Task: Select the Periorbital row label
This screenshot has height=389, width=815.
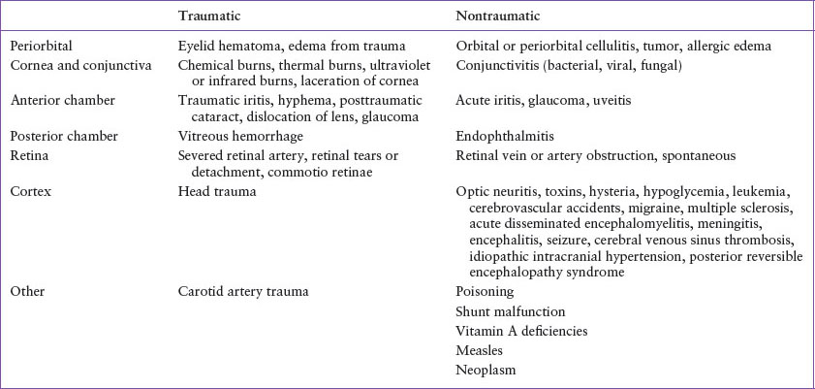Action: tap(41, 46)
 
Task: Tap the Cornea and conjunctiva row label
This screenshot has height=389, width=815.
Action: tap(76, 64)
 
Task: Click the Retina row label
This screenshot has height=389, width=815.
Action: tap(28, 155)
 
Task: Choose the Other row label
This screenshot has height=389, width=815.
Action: tap(26, 290)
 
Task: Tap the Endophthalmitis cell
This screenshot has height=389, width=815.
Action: tap(501, 137)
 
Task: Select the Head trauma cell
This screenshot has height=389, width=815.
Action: tap(210, 191)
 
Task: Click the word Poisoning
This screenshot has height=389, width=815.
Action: tap(485, 290)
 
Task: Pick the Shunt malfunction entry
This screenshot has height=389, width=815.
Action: tap(510, 311)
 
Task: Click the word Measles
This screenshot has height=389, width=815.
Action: tap(479, 350)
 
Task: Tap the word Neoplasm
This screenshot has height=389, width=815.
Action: tap(486, 370)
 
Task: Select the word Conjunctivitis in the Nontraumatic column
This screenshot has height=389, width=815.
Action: tap(501, 64)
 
